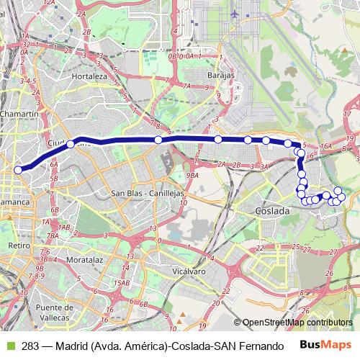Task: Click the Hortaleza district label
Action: point(89,76)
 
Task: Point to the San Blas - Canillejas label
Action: point(148,194)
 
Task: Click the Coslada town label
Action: point(272,211)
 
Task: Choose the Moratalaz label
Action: point(86,256)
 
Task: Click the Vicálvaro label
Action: point(189,271)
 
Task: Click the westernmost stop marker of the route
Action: point(19,170)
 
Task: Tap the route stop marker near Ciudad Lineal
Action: point(71,145)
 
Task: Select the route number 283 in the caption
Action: point(31,346)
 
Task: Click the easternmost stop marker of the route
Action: point(341,197)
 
